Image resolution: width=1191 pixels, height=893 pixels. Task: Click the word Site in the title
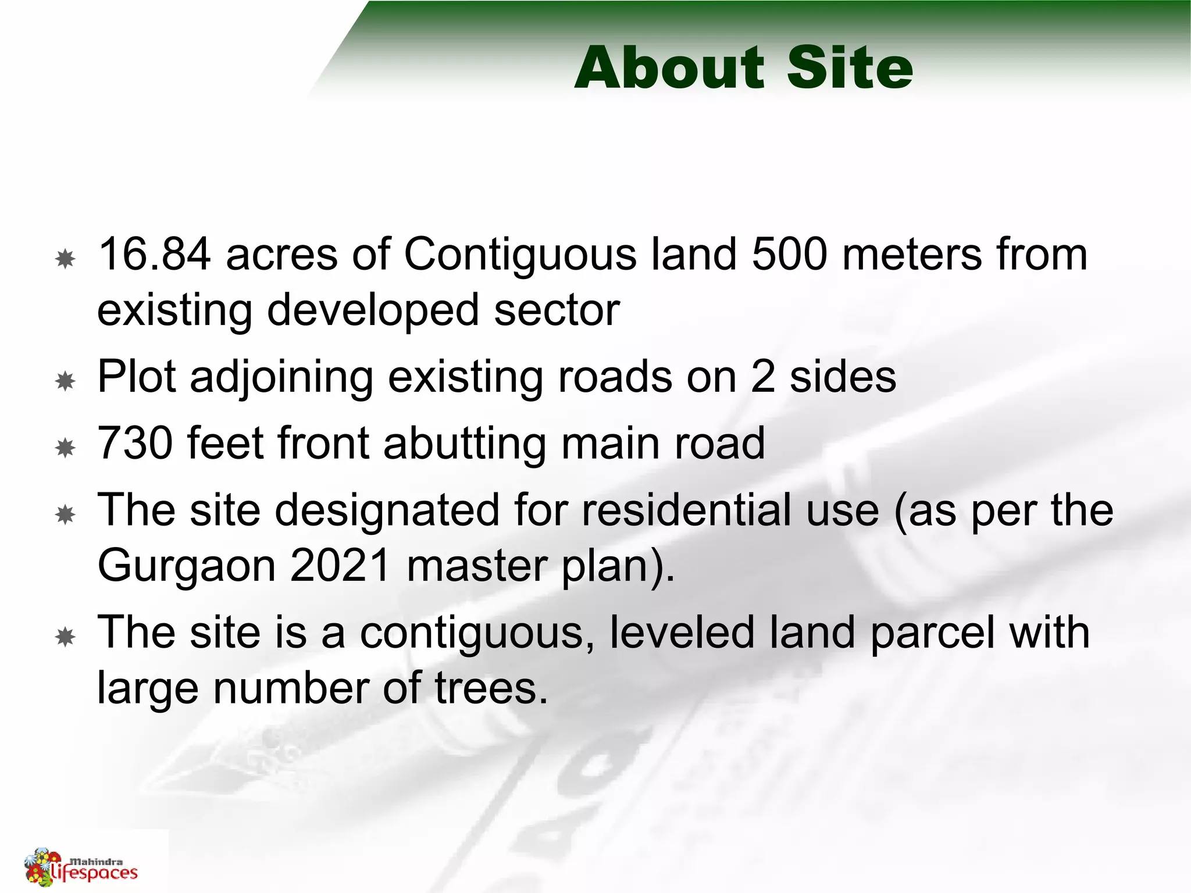pyautogui.click(x=850, y=68)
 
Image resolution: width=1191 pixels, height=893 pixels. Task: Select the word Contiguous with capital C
pyautogui.click(x=520, y=256)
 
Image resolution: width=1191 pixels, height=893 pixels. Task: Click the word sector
pyautogui.click(x=557, y=310)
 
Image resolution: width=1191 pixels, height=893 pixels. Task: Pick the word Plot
pyautogui.click(x=137, y=377)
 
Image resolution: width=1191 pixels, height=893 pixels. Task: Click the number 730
pyautogui.click(x=135, y=443)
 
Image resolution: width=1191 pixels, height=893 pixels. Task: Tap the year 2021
pyautogui.click(x=341, y=565)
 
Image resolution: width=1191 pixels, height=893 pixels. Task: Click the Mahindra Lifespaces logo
pyautogui.click(x=81, y=867)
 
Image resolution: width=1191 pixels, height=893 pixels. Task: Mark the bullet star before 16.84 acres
pyautogui.click(x=66, y=259)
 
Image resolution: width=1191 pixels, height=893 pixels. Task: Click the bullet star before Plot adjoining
pyautogui.click(x=66, y=381)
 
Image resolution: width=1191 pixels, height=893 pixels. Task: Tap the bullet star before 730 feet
pyautogui.click(x=66, y=448)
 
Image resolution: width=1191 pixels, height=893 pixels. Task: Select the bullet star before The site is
pyautogui.click(x=66, y=637)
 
